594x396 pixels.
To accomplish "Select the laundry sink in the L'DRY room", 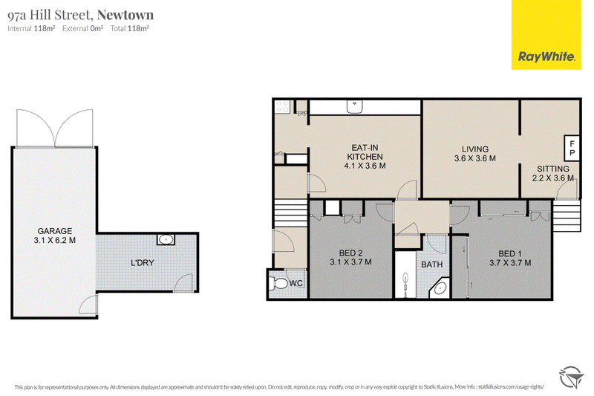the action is [166, 239].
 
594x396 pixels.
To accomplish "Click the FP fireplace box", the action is [572, 148].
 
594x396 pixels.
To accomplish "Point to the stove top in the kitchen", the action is [283, 107].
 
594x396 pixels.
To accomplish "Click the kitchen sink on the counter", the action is [355, 106].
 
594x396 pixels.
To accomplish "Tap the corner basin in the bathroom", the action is [440, 289].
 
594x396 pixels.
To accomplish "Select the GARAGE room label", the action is [54, 231].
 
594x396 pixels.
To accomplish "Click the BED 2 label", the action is [350, 253].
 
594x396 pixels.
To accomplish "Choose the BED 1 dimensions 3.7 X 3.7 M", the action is [510, 262].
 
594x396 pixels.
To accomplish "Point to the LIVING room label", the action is [475, 149].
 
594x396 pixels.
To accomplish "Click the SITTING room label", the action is [553, 169].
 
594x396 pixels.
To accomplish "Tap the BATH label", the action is [432, 264].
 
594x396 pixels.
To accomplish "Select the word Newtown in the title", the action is [125, 15].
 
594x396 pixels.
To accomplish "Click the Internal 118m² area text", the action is [31, 28].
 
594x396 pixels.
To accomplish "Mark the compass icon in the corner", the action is [571, 377].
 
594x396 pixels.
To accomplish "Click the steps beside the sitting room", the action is [567, 215].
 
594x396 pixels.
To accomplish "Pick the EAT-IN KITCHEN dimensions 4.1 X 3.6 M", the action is [365, 166].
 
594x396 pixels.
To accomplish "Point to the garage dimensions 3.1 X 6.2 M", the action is [54, 240].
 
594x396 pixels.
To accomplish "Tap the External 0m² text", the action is [82, 28].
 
